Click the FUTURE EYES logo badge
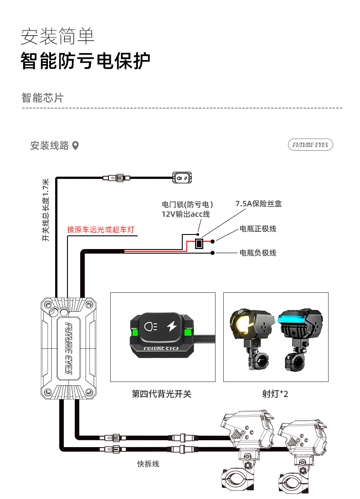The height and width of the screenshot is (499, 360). click(x=310, y=145)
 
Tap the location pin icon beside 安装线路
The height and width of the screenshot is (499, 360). click(x=76, y=146)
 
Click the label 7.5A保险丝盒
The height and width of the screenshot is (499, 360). click(x=258, y=204)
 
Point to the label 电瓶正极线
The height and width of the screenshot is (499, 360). click(x=258, y=229)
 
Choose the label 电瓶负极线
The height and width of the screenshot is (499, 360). click(x=258, y=253)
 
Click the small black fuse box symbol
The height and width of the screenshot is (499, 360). click(x=199, y=244)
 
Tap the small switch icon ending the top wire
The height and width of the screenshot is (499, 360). click(x=182, y=177)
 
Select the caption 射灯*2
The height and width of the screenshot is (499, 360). click(x=275, y=394)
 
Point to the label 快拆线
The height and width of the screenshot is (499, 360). click(x=148, y=464)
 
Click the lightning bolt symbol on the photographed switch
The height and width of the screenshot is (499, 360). click(x=172, y=326)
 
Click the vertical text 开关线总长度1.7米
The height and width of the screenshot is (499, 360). click(x=46, y=210)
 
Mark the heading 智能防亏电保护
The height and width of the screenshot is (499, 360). click(x=85, y=61)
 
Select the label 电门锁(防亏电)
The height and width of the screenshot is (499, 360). click(x=187, y=204)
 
